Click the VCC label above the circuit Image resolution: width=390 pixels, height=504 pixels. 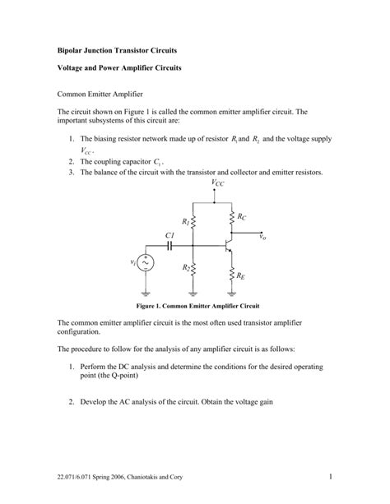coord(217,183)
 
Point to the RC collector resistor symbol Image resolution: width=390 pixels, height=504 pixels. coord(233,218)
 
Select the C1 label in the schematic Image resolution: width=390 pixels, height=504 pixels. coord(169,234)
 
